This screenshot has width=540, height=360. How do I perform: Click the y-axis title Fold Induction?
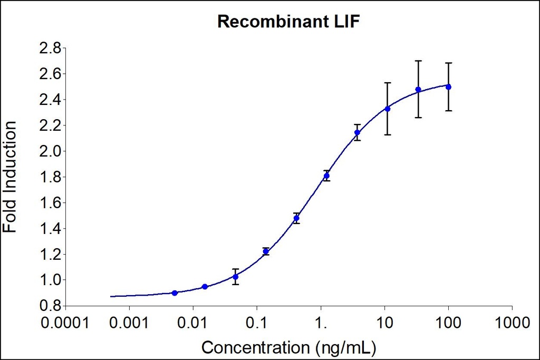pos(11,177)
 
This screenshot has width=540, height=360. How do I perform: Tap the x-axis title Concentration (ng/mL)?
pos(290,347)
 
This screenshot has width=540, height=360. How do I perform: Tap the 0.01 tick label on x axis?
pos(193,322)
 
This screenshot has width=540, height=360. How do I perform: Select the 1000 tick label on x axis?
pos(512,322)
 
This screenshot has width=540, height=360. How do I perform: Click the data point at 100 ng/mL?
pos(448,87)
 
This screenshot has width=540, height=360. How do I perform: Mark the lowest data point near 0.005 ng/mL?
pos(175,293)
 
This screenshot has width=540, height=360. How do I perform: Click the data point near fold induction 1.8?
pos(326,176)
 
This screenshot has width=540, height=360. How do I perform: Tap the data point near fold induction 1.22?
pos(266,251)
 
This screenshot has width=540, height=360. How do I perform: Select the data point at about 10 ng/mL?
pos(387,109)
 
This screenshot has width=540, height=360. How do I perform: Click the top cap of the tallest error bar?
pos(418,61)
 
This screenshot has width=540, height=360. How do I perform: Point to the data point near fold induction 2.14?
pos(357,132)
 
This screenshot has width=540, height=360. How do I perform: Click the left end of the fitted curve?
pos(111,296)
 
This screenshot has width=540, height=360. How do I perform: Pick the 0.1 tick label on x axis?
pos(257,322)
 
